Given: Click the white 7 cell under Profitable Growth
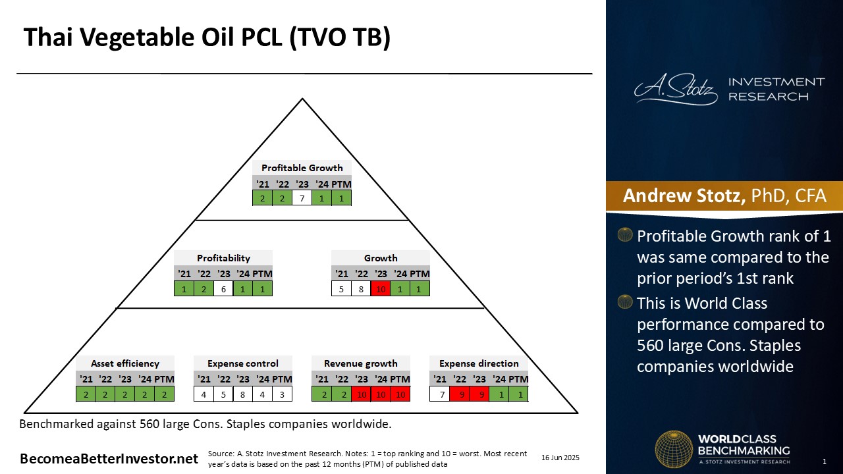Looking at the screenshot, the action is coord(302,198).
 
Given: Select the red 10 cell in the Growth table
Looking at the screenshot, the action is coord(381,289).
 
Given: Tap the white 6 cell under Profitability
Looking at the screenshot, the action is coord(223,289).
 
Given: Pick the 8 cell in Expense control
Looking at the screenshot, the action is coord(243,394).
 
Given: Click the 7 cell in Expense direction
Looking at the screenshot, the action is coord(439,394).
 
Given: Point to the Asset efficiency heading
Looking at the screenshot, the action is coord(125,363).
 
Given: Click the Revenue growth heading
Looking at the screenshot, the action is coord(360,363).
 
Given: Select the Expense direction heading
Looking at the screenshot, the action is coord(479,363).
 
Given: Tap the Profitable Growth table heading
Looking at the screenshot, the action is coord(302,168).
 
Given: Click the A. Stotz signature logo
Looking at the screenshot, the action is coord(676,90).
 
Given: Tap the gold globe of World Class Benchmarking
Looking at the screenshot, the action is coord(674,449).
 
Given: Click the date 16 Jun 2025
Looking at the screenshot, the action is coord(560,458).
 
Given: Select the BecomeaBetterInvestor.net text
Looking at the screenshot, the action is coord(109,459).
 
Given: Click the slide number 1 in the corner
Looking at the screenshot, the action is coord(825,461).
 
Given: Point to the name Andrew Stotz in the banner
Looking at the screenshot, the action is coord(684,196).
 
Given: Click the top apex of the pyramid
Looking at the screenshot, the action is coord(302,99).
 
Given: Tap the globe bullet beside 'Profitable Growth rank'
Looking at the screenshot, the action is coord(625,235).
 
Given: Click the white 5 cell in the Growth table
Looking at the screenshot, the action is coord(341,289).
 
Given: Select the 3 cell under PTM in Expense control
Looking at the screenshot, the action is coord(282,394).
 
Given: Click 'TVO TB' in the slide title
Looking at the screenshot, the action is coord(341,38).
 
